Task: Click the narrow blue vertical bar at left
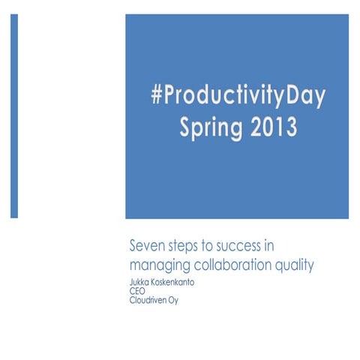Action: tap(13, 116)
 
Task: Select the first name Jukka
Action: tap(140, 279)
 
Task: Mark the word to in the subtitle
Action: tap(213, 245)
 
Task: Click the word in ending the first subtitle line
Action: tap(278, 245)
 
